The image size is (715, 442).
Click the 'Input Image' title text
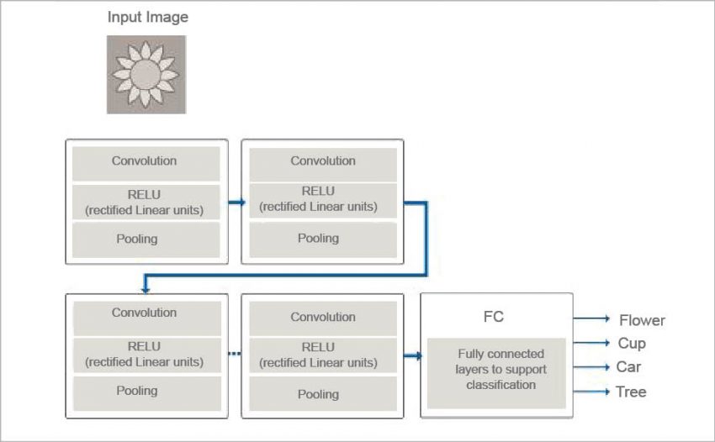(x=147, y=17)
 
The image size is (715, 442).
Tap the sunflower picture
(x=146, y=74)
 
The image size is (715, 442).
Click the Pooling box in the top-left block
(x=146, y=239)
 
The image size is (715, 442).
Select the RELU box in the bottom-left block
(x=146, y=354)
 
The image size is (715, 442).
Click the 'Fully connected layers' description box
(x=496, y=370)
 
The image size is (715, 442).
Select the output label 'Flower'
(x=642, y=320)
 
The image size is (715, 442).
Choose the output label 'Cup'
(x=632, y=344)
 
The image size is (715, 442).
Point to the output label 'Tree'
(x=631, y=392)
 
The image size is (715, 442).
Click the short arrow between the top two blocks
(x=236, y=202)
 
